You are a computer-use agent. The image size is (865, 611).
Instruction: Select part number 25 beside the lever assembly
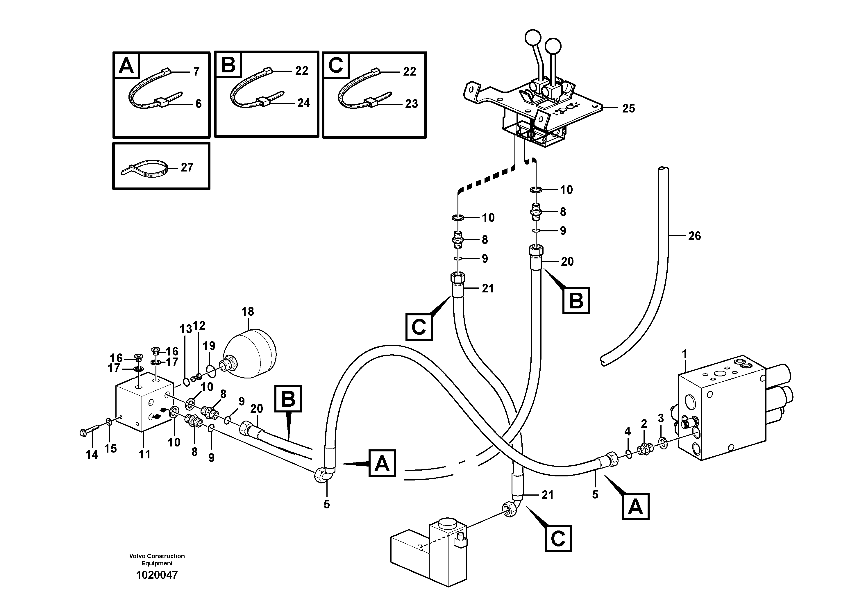(x=628, y=108)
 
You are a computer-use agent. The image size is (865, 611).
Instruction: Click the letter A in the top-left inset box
(x=126, y=66)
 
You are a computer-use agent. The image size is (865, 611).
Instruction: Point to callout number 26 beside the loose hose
(x=694, y=236)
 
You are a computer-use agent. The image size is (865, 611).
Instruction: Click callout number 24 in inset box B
(x=304, y=103)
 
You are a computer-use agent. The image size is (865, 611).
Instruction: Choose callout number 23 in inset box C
(x=411, y=103)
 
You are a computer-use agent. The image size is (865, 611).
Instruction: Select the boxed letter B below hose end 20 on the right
(x=576, y=301)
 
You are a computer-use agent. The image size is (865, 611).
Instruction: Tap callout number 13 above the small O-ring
(x=185, y=330)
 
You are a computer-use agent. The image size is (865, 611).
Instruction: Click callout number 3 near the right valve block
(x=660, y=418)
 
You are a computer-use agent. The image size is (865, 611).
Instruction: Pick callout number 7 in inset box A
(x=196, y=72)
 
